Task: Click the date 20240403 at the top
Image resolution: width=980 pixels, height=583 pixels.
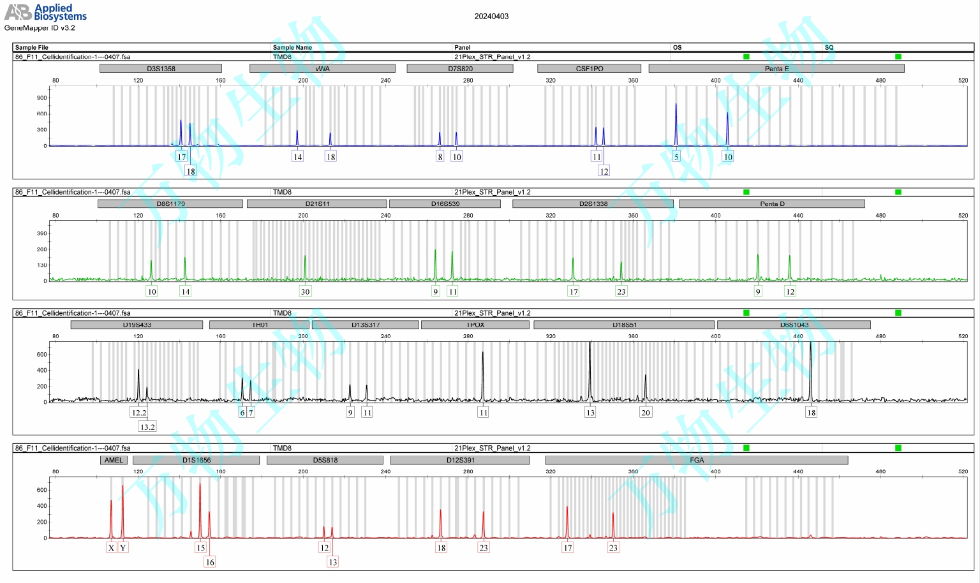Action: tap(491, 17)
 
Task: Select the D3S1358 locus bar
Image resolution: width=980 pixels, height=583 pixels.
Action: tap(161, 68)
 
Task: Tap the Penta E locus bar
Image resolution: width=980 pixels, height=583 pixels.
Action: tap(776, 68)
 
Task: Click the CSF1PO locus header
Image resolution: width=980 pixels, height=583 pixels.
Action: tap(589, 68)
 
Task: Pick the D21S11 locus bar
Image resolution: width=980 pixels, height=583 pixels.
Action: tap(317, 203)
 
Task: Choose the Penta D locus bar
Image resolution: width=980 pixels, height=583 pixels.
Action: tap(772, 203)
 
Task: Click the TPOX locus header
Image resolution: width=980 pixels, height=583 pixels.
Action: tap(475, 325)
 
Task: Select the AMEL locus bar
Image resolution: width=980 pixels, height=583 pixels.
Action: tap(114, 460)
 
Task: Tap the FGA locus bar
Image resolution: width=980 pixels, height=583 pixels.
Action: tap(697, 460)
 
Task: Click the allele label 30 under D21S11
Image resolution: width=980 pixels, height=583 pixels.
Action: tap(305, 291)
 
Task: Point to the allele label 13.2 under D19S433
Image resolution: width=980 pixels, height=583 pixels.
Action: tap(147, 427)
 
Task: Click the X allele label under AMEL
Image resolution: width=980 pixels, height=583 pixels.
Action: tap(111, 547)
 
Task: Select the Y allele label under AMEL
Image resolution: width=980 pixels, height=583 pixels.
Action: tap(123, 547)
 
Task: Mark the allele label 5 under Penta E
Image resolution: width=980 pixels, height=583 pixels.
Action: tap(676, 157)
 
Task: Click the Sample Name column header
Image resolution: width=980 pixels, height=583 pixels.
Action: tap(292, 47)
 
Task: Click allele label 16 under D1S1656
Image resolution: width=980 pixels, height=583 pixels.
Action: tap(210, 562)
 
